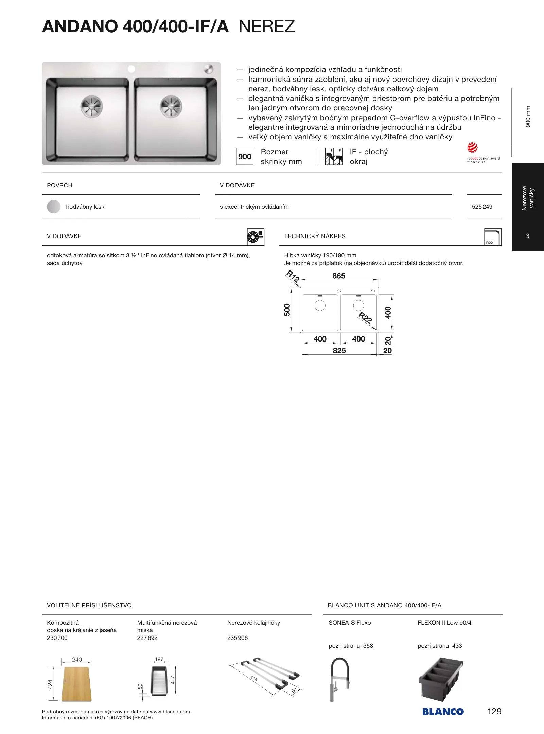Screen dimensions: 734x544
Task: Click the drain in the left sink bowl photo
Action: (92, 106)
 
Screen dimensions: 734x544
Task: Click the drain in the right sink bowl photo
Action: (171, 106)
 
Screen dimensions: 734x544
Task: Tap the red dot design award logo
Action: (473, 148)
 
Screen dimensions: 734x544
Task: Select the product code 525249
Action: (482, 207)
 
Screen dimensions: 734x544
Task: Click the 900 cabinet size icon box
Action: (245, 157)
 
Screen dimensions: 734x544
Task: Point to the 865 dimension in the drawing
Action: (338, 276)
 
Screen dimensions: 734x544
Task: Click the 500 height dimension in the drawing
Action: (287, 310)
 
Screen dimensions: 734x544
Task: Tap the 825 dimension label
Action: (339, 351)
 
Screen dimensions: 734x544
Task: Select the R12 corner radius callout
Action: (293, 276)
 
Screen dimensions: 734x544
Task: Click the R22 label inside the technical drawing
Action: (365, 317)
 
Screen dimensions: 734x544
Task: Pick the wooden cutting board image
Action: (76, 684)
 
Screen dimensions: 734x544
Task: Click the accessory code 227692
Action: (147, 638)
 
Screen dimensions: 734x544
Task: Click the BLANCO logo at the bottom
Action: (443, 712)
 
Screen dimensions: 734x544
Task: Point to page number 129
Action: (494, 711)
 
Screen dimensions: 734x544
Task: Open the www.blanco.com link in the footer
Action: (170, 712)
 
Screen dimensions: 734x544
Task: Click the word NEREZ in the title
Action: (267, 27)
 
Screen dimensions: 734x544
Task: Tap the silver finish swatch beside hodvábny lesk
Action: (54, 207)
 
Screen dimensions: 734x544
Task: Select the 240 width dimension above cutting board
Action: (77, 660)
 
